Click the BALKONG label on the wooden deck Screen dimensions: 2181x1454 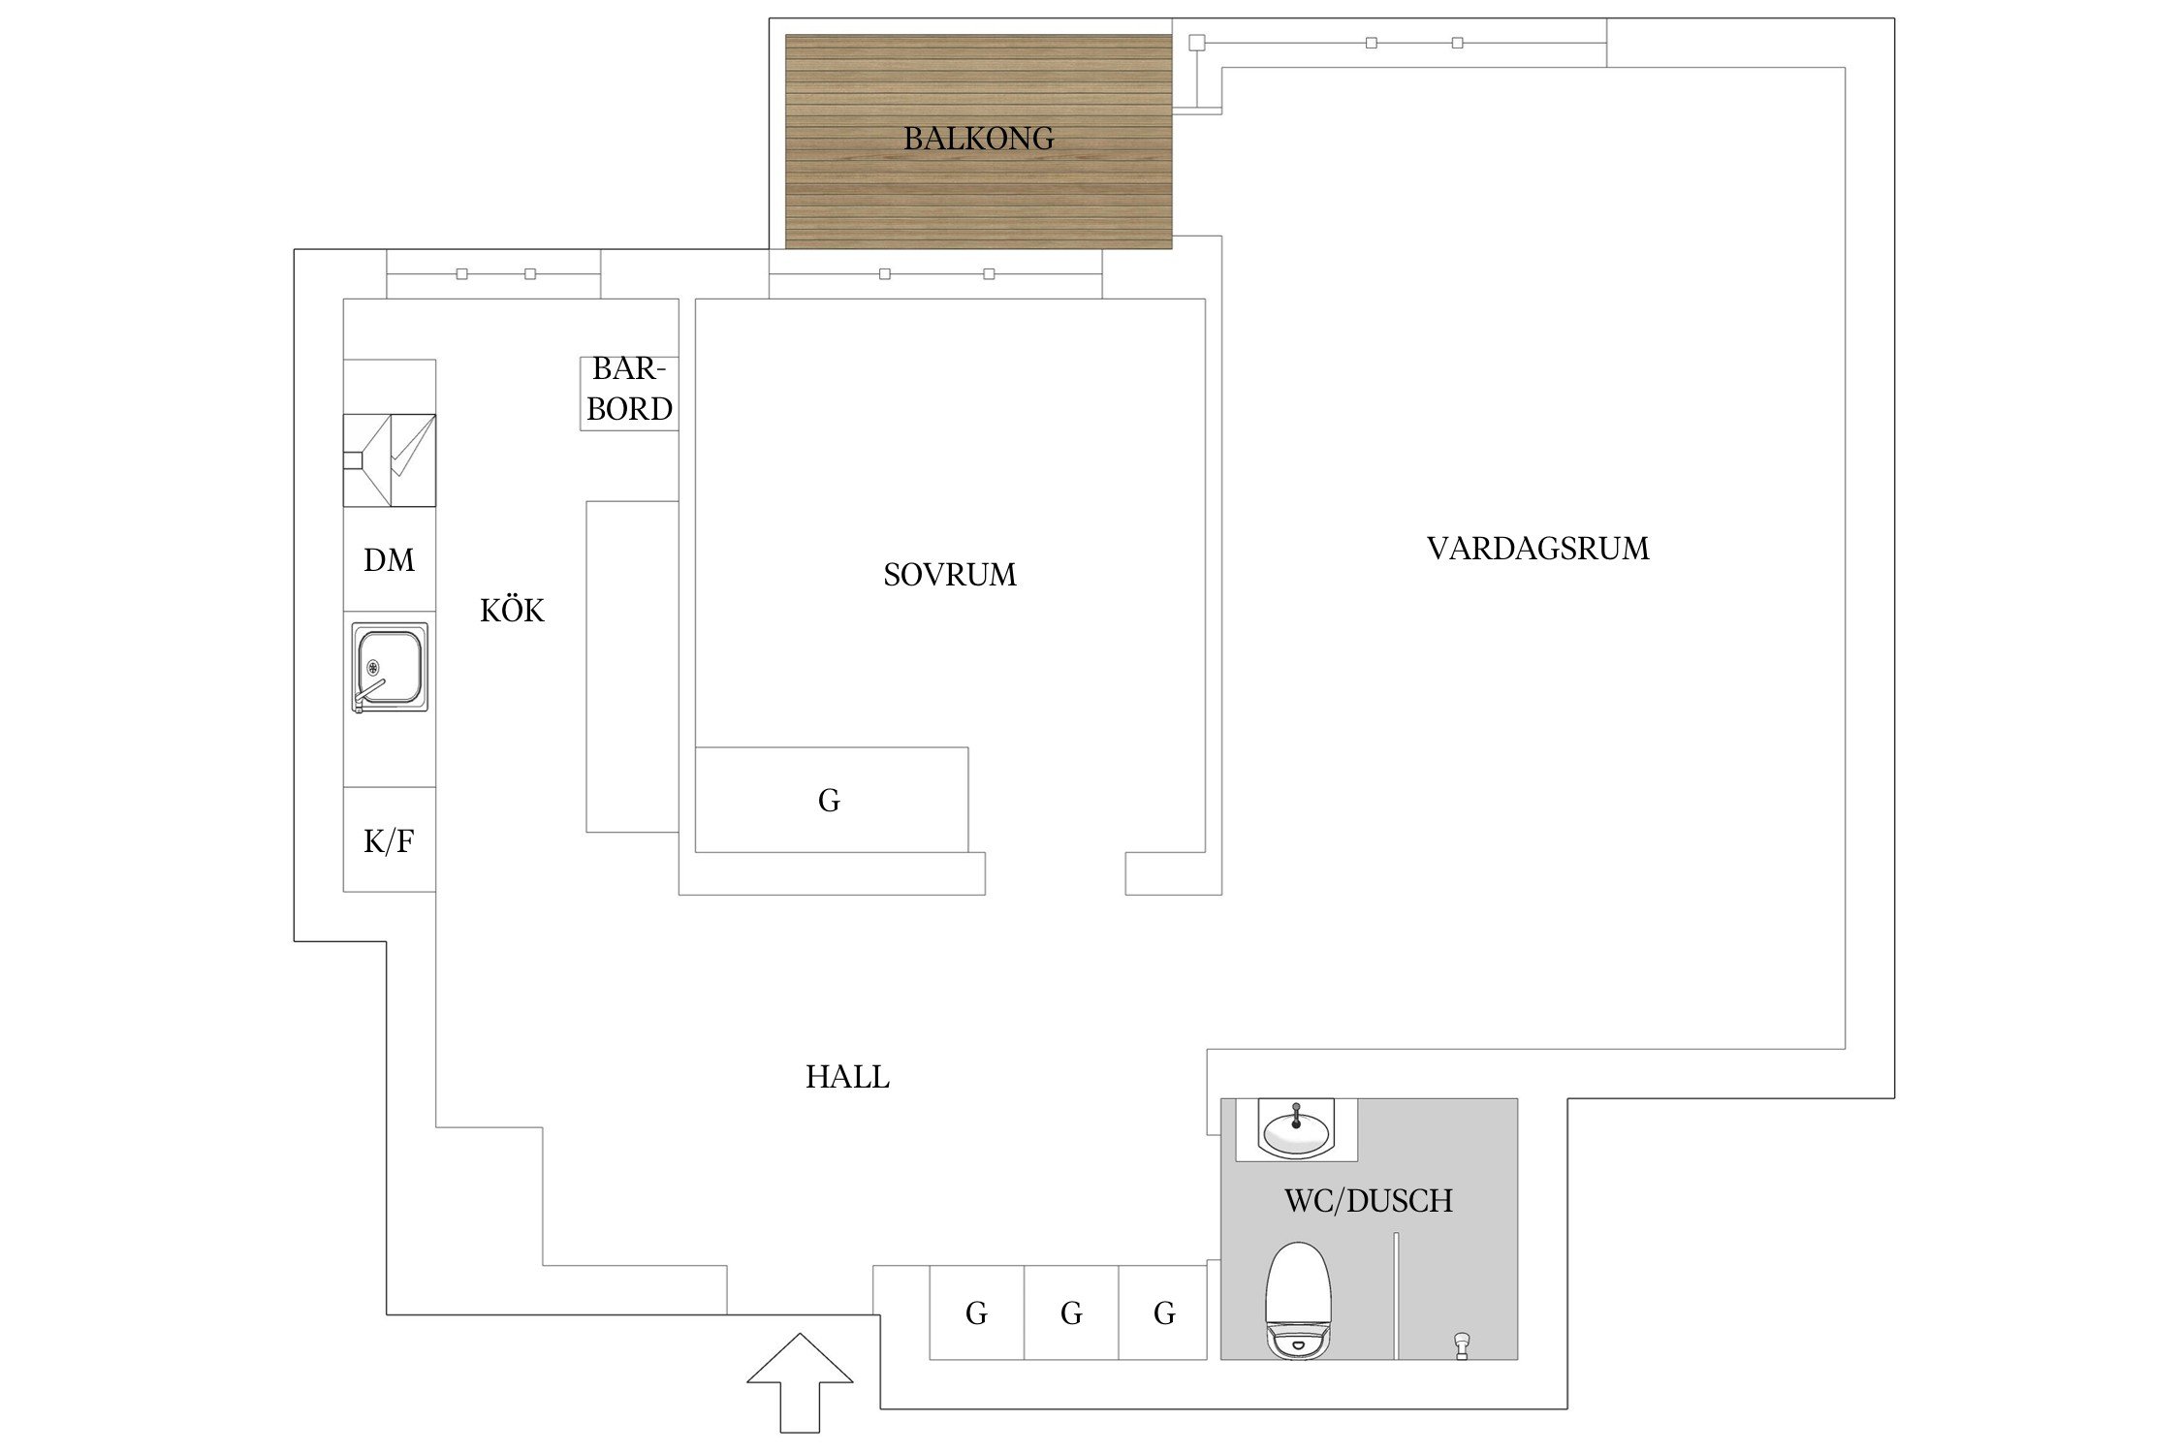click(978, 139)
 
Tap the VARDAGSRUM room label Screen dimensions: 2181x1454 click(1537, 549)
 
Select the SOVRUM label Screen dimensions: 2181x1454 click(950, 575)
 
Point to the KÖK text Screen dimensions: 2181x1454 click(512, 610)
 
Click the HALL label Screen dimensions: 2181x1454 click(847, 1077)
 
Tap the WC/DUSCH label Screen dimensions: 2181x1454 click(1369, 1201)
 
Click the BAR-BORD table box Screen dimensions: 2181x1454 click(629, 394)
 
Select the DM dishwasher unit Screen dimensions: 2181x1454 click(390, 558)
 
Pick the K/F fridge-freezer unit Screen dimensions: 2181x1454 click(390, 839)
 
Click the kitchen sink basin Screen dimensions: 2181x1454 click(389, 667)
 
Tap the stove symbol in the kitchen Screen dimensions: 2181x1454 click(390, 460)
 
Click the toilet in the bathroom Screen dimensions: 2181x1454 click(1297, 1301)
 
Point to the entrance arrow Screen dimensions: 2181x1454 click(800, 1382)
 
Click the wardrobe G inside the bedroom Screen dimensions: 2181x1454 click(832, 800)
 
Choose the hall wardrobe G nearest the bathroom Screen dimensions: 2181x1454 click(1163, 1312)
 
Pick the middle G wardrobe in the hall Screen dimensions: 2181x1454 click(1071, 1312)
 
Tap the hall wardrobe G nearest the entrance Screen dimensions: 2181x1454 click(977, 1312)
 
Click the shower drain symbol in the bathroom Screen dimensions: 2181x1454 click(1462, 1345)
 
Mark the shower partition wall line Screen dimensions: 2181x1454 click(1397, 1296)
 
